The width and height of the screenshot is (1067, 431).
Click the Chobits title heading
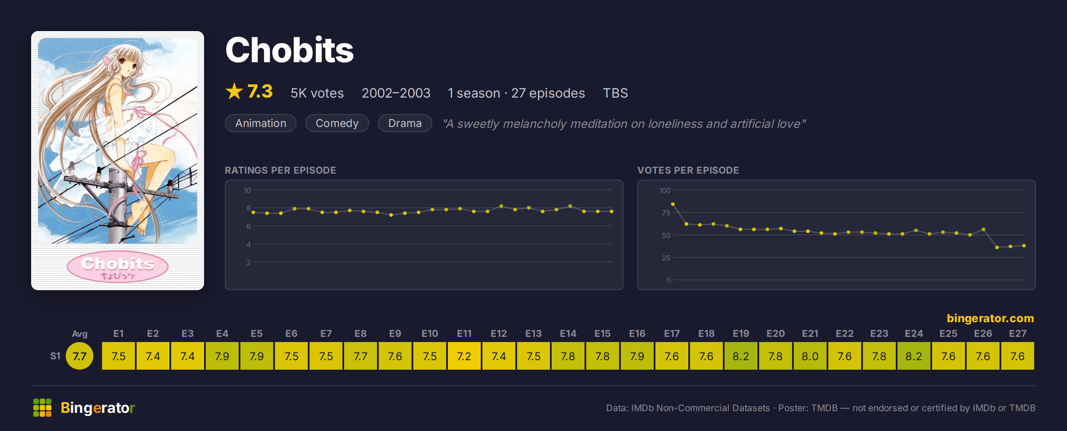pos(289,50)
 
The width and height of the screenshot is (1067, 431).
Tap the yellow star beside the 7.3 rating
pos(234,91)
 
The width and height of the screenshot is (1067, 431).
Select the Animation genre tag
pos(261,123)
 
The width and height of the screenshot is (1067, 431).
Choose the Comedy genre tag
pos(337,123)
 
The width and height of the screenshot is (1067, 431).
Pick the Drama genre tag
pos(405,123)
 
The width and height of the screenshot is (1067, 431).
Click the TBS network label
pos(616,93)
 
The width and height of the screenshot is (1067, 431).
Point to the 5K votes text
pos(317,93)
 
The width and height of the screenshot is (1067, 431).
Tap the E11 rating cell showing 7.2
pos(464,356)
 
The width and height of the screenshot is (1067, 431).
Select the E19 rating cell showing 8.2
pos(741,356)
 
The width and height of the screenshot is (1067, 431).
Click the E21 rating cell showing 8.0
pos(810,356)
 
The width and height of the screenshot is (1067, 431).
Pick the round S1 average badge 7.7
pos(80,356)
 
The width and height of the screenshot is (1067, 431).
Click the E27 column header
pos(1018,333)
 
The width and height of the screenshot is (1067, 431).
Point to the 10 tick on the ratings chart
pos(247,190)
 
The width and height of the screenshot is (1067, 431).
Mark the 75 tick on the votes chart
pos(666,213)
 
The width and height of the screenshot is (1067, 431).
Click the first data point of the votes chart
pos(673,204)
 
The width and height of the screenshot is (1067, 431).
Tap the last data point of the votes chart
pos(1024,246)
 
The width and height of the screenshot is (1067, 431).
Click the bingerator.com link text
pos(990,318)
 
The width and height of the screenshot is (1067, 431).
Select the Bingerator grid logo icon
pos(42,408)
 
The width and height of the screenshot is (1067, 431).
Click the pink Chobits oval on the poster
pos(118,266)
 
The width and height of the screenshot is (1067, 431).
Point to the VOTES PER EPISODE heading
pos(688,170)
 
